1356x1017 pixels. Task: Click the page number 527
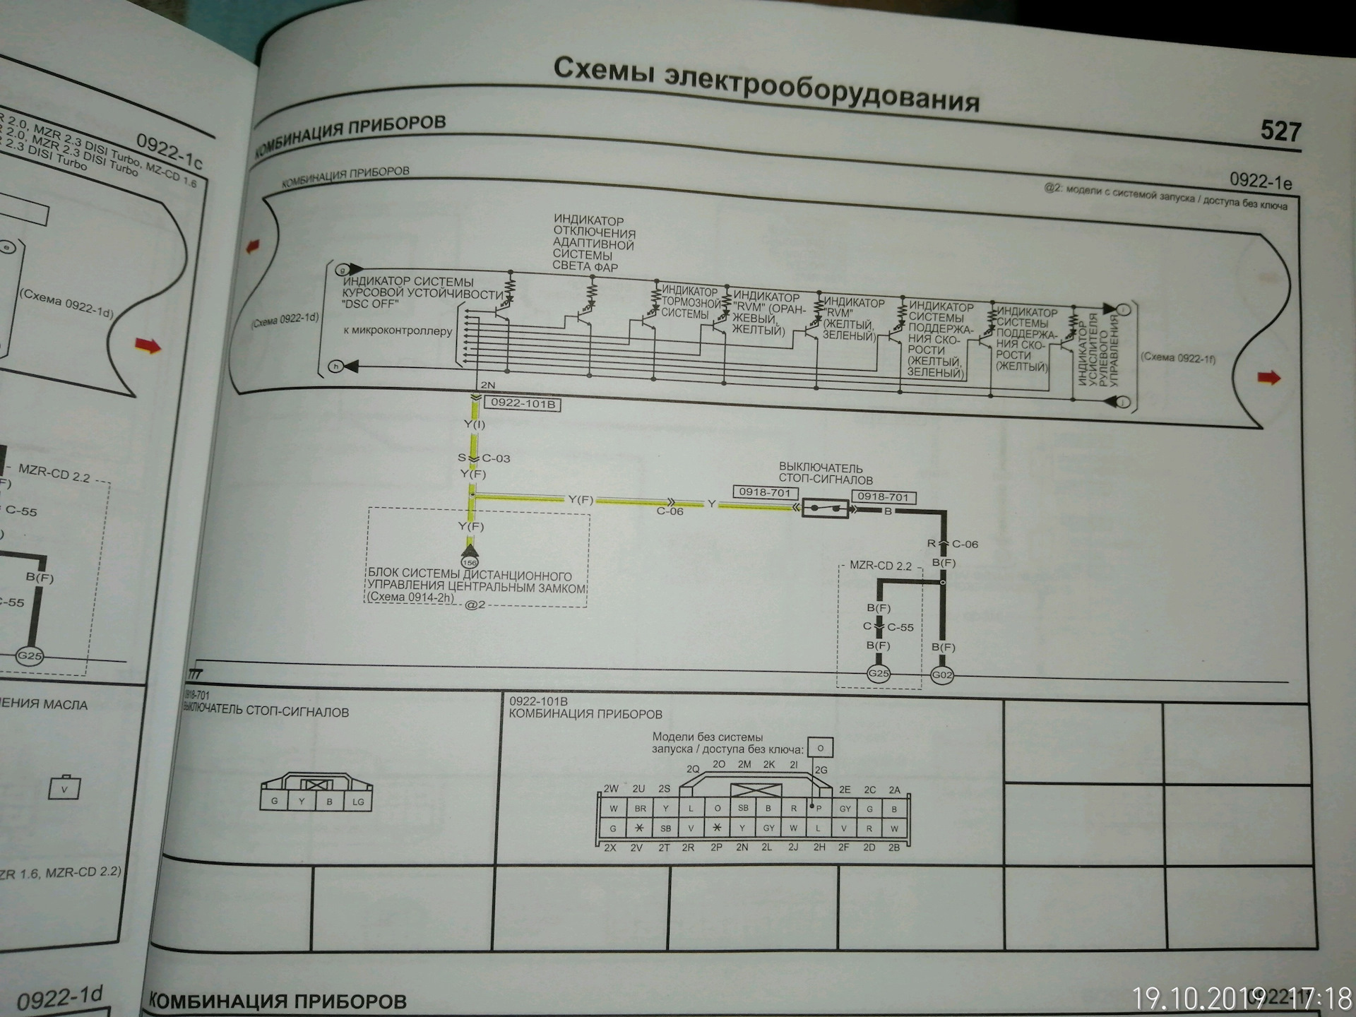(1280, 131)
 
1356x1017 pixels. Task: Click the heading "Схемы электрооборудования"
(766, 84)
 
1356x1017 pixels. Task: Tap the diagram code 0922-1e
(1261, 182)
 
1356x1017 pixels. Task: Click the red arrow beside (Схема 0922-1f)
(1268, 378)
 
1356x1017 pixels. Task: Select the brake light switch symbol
(826, 508)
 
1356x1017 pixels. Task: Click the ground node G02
(942, 675)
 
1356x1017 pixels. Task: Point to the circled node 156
(470, 563)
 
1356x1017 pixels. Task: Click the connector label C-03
(496, 458)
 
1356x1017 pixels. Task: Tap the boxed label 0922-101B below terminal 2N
(523, 404)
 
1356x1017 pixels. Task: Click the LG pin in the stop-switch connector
(358, 802)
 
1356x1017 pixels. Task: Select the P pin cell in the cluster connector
(819, 809)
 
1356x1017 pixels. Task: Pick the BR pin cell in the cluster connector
(640, 809)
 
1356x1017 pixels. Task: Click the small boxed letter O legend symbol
(821, 747)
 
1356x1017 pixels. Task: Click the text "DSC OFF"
(371, 304)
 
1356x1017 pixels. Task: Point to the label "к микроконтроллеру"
(398, 331)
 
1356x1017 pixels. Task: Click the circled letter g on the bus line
(342, 270)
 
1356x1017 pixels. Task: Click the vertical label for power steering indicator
(1097, 351)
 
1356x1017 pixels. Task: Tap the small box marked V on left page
(64, 789)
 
